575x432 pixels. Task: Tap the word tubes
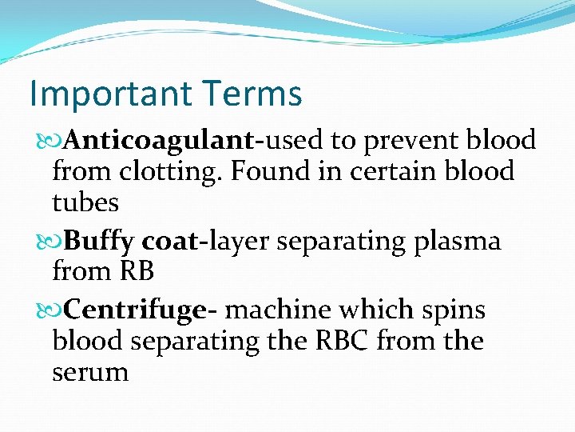[85, 202]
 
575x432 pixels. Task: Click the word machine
[280, 310]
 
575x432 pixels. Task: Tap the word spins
[455, 310]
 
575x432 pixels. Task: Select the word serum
[89, 372]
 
